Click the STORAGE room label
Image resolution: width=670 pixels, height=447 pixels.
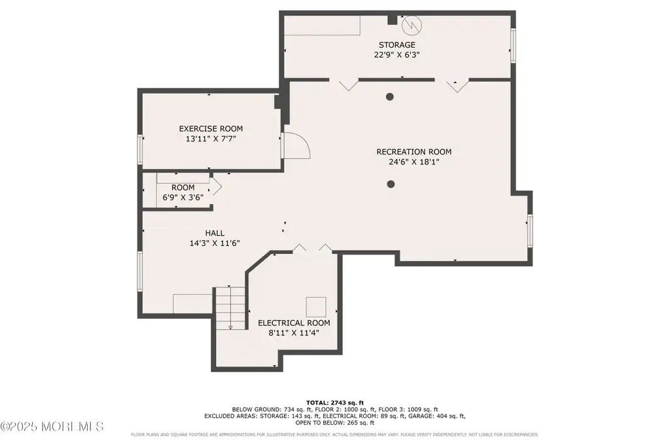397,45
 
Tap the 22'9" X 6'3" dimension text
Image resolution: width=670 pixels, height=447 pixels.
397,55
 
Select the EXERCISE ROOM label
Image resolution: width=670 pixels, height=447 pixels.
211,129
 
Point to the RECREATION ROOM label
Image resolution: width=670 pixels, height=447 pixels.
414,152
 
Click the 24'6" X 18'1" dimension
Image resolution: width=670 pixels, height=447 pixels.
414,162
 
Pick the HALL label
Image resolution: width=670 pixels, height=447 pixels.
215,234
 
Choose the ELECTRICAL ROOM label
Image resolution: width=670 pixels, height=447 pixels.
294,323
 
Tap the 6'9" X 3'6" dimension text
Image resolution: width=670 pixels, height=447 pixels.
183,198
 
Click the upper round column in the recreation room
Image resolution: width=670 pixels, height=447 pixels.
390,97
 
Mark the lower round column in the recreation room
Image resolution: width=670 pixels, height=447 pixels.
391,184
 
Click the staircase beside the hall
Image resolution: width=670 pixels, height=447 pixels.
230,308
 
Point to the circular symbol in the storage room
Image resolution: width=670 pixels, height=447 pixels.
412,26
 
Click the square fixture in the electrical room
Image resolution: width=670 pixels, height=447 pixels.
316,307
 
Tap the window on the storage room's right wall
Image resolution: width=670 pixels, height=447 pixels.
513,46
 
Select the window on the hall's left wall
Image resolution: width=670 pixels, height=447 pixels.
140,272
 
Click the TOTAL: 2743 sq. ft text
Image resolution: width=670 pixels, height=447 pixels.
335,402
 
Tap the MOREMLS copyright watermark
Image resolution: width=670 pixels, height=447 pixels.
52,426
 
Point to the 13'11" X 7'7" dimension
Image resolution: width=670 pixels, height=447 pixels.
211,139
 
